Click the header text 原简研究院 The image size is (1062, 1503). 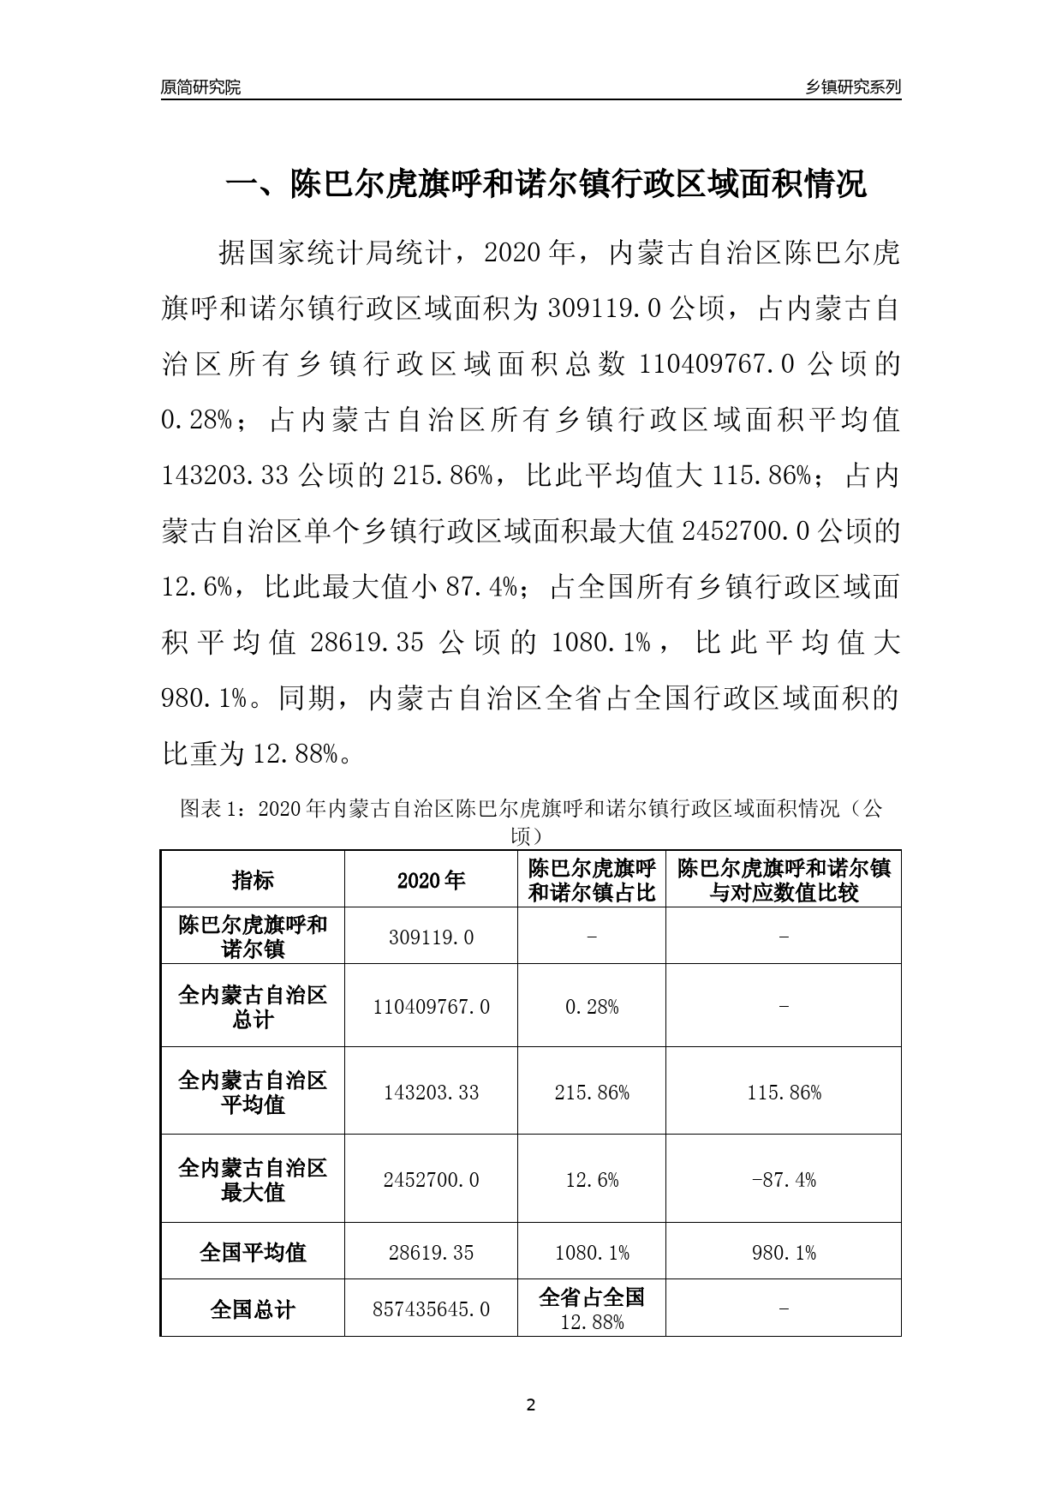[200, 87]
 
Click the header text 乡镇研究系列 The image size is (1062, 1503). [853, 87]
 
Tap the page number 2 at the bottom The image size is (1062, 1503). [530, 1404]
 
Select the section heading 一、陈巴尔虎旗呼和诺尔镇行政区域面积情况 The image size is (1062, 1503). [546, 184]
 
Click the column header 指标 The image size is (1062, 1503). [253, 880]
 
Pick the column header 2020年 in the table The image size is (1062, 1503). [431, 880]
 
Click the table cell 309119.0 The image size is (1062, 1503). [431, 937]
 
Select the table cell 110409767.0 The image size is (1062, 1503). [431, 1006]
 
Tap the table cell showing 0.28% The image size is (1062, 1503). [592, 1006]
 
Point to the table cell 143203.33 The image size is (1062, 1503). [431, 1092]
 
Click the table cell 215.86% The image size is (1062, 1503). [592, 1092]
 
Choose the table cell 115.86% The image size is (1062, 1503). [784, 1092]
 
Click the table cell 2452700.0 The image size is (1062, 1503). [431, 1179]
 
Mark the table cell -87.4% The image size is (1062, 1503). [784, 1179]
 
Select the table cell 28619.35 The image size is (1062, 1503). [431, 1252]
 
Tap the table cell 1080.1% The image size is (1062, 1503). [592, 1252]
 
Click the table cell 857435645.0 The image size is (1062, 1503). [431, 1308]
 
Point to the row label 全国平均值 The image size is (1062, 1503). [253, 1252]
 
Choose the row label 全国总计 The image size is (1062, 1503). [253, 1308]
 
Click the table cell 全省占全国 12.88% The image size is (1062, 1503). [592, 1308]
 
